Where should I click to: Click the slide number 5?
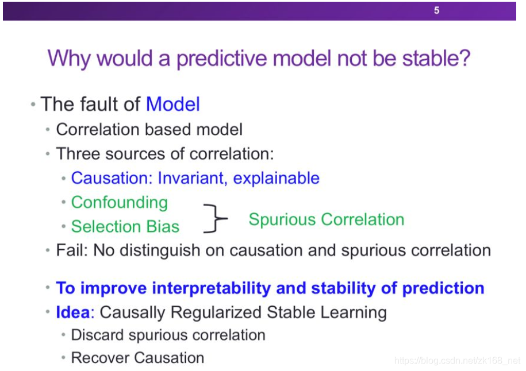pos(436,10)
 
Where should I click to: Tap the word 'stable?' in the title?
pos(436,58)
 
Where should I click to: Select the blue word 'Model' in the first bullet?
pos(173,104)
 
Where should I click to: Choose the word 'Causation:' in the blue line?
pos(112,178)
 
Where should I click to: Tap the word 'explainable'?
pos(276,179)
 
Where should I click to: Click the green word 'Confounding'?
pos(120,203)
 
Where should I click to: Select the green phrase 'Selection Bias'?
pos(125,226)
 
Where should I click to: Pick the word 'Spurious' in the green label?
pos(282,220)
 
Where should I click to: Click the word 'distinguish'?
pos(160,251)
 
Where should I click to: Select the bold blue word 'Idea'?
pos(73,312)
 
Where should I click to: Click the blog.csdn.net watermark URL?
pos(457,361)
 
